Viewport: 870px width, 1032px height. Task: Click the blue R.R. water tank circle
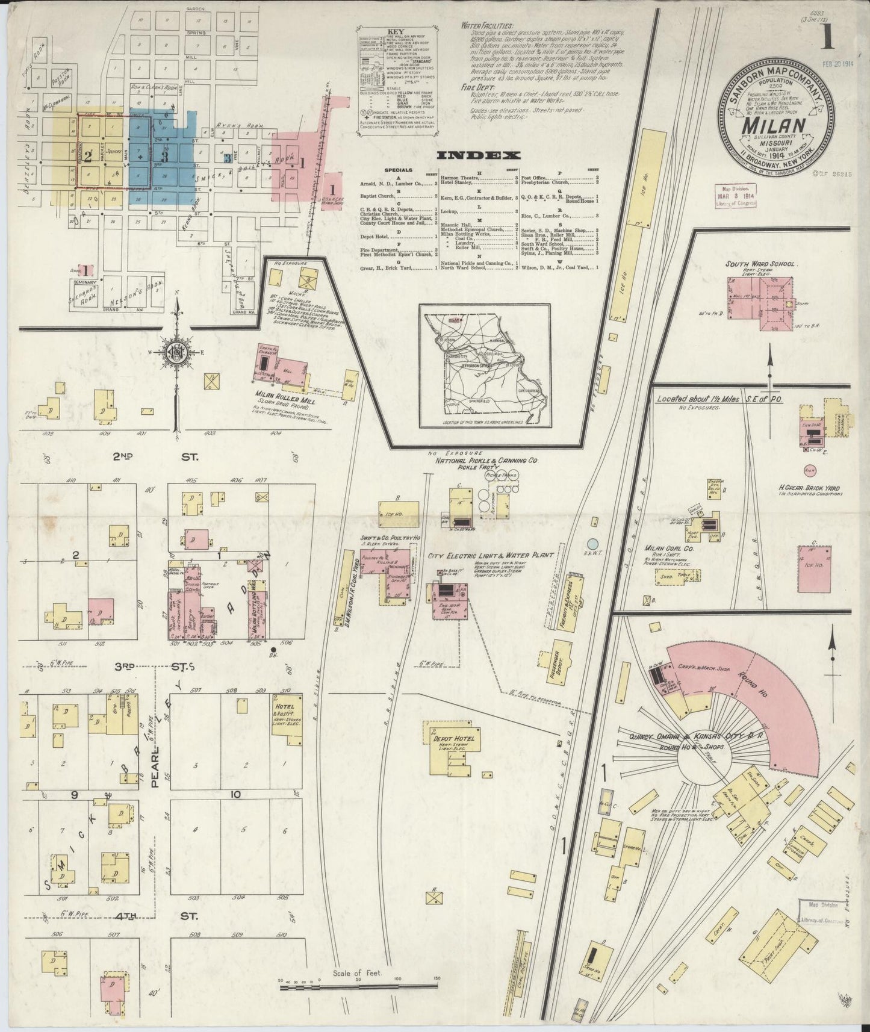pos(594,544)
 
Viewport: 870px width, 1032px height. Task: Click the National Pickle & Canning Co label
pos(486,461)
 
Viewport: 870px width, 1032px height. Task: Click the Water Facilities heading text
pos(486,26)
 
